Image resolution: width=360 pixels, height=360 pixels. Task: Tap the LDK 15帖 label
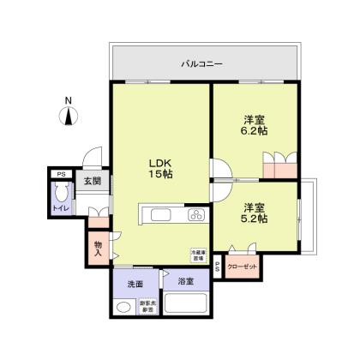pyautogui.click(x=162, y=168)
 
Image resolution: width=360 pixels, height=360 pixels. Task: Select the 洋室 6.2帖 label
pyautogui.click(x=254, y=127)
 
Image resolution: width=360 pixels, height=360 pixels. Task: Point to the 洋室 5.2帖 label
pyautogui.click(x=254, y=213)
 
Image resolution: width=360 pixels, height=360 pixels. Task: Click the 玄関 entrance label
pyautogui.click(x=93, y=182)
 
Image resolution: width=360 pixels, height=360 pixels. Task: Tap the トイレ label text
pyautogui.click(x=61, y=208)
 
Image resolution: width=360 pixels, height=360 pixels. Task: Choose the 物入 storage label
pyautogui.click(x=98, y=247)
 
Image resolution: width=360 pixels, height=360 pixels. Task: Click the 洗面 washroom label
pyautogui.click(x=135, y=283)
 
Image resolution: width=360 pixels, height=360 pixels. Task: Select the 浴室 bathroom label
pyautogui.click(x=185, y=282)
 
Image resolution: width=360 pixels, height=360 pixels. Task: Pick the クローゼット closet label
pyautogui.click(x=243, y=267)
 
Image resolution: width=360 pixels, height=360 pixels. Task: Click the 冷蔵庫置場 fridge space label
pyautogui.click(x=197, y=255)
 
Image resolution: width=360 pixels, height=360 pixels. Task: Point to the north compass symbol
pyautogui.click(x=69, y=119)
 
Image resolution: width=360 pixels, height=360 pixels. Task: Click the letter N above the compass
pyautogui.click(x=69, y=99)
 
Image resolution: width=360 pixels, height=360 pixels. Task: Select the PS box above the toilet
pyautogui.click(x=60, y=175)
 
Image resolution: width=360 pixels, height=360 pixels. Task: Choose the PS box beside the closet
pyautogui.click(x=217, y=267)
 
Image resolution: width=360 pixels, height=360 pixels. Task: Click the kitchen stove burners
pyautogui.click(x=195, y=215)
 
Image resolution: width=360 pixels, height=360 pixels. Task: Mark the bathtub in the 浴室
pyautogui.click(x=183, y=304)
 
